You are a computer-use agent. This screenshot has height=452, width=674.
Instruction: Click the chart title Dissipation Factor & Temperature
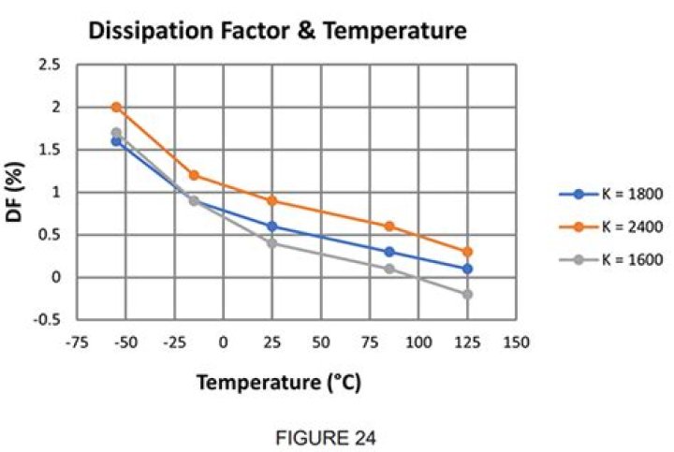pos(276,32)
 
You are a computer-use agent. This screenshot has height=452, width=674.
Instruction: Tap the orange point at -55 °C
pos(116,107)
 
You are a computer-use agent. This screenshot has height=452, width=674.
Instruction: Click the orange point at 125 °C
pos(467,252)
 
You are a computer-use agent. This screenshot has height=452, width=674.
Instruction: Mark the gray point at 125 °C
pos(467,294)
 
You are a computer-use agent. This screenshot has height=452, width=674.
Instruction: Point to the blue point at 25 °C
pos(272,226)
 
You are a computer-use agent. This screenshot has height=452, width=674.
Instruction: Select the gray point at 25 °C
pos(272,243)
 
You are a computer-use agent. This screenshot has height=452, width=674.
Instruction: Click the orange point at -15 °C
pos(194,175)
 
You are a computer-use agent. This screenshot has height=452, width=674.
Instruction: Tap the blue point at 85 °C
pos(389,252)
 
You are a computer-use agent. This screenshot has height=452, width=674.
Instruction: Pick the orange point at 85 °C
pos(389,226)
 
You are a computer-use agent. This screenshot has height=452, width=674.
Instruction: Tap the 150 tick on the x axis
pos(516,342)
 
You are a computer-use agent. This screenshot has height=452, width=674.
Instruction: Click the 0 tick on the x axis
pos(224,342)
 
